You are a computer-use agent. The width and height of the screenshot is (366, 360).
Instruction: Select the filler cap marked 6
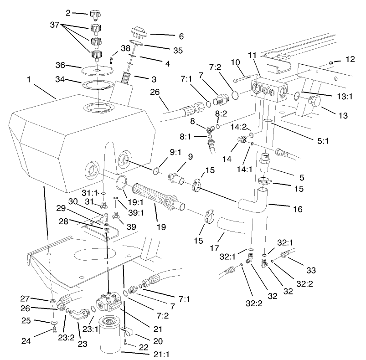coord(136,34)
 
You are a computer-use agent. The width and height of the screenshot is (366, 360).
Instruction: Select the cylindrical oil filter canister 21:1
coord(111,334)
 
